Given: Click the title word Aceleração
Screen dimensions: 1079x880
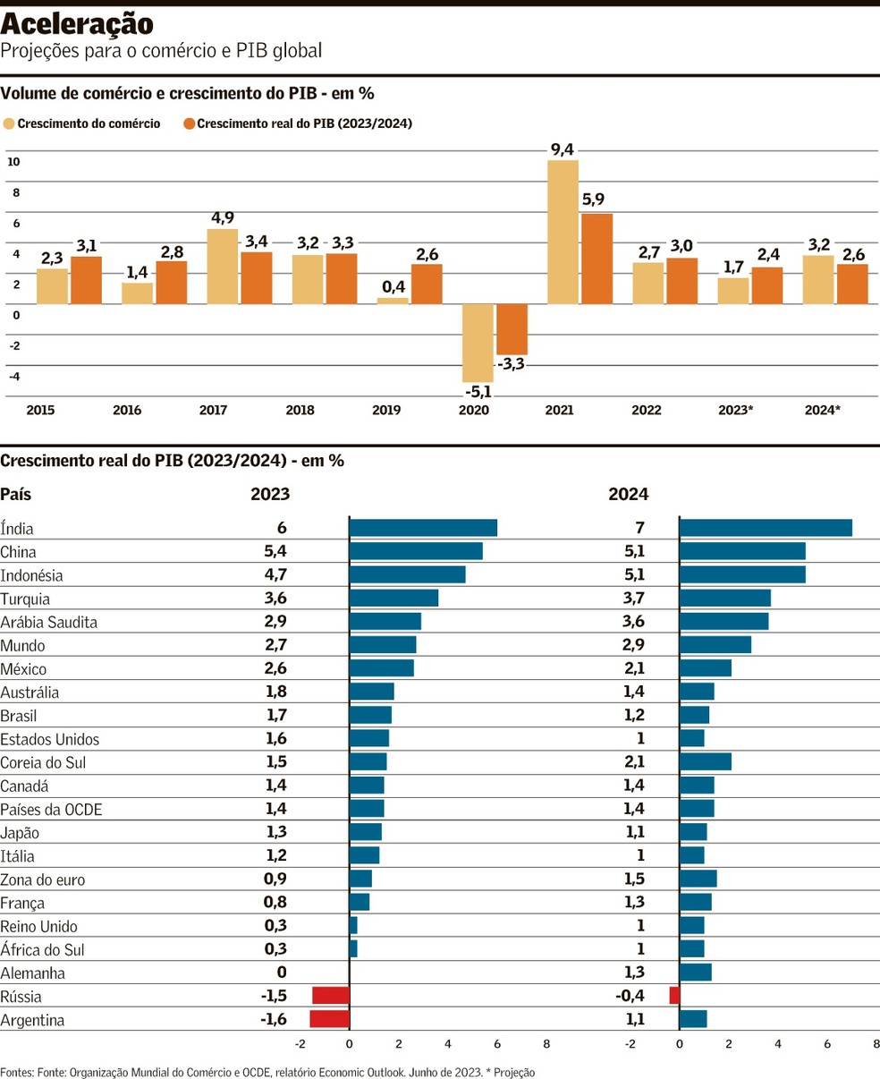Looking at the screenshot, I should (x=77, y=24).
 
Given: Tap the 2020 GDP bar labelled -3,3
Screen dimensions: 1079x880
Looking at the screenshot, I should (x=512, y=329).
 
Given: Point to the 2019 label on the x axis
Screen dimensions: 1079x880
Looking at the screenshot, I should (x=386, y=411).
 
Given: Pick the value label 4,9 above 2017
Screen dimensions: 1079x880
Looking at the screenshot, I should (x=223, y=217).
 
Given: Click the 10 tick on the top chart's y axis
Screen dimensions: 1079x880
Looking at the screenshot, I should (x=13, y=162).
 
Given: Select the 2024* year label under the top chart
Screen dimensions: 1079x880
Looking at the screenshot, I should (x=823, y=411).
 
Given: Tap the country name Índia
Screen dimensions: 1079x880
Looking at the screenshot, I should (x=17, y=529).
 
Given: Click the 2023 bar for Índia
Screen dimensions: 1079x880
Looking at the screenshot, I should (x=423, y=528).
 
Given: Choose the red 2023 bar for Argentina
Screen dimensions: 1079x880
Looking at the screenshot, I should (x=330, y=1019).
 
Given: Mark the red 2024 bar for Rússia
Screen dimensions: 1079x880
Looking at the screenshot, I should (x=674, y=996).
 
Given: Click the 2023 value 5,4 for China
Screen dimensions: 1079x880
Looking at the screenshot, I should (x=275, y=551).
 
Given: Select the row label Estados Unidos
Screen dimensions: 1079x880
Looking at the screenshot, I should (x=50, y=739).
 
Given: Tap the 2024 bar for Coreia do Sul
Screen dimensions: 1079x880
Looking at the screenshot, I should (x=706, y=761).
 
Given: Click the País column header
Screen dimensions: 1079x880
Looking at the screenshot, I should (x=15, y=494).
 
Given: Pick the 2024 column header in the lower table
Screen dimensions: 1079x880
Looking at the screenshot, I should (x=629, y=494).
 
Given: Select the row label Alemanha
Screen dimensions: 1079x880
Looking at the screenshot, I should (x=32, y=973).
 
